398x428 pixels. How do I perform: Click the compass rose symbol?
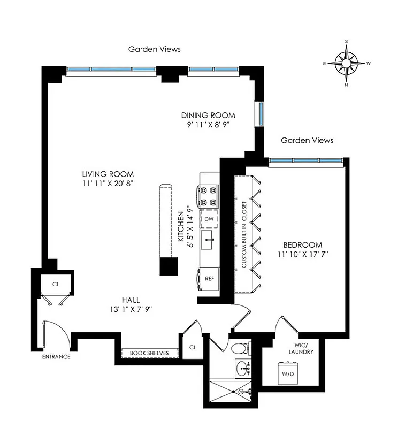click(346, 63)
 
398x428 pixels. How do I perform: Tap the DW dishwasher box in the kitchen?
click(209, 219)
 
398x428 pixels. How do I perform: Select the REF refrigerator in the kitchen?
click(209, 278)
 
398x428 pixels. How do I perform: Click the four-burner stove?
click(209, 196)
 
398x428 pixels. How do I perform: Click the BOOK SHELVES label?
click(145, 353)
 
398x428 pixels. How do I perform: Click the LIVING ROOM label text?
click(108, 174)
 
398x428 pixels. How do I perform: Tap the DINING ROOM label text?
click(208, 115)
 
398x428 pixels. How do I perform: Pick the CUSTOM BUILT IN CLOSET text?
click(244, 234)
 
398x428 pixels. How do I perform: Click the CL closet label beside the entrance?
click(56, 284)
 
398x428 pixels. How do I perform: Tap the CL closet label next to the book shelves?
click(193, 347)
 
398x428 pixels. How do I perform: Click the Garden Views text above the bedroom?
click(307, 140)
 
